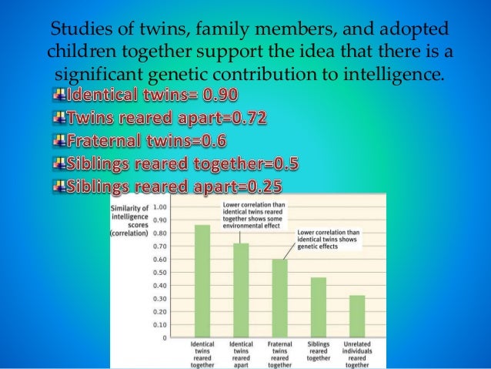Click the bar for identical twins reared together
pos(202,281)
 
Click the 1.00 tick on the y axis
pos(161,206)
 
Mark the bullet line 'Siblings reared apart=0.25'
pos(174,187)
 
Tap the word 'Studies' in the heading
pos(78,32)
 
